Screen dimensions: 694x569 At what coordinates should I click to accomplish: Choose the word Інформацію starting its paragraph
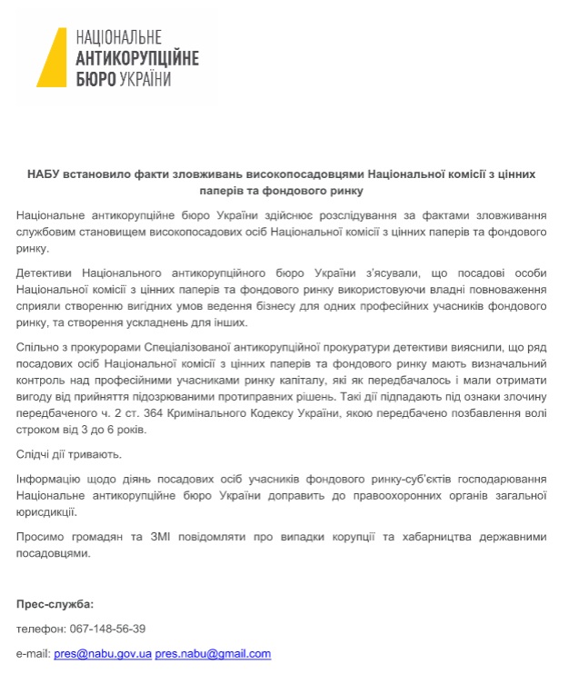[x=51, y=479]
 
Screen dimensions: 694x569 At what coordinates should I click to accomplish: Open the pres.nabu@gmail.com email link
[x=213, y=654]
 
